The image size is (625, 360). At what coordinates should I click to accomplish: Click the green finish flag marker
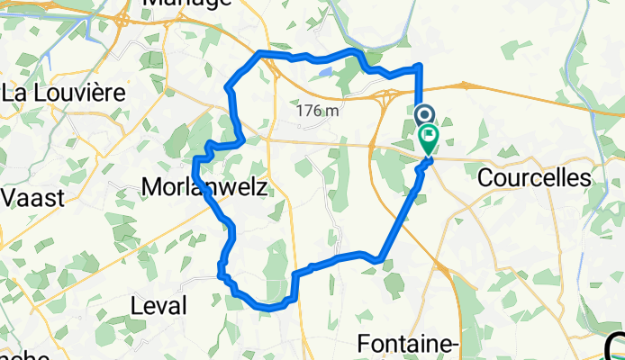pyautogui.click(x=429, y=139)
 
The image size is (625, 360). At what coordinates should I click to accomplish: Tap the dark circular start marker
pyautogui.click(x=425, y=115)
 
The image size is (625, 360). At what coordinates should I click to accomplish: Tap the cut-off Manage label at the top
pyautogui.click(x=186, y=4)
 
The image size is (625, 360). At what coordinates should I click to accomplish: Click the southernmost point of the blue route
pyautogui.click(x=267, y=308)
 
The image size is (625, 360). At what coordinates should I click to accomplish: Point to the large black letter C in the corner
pyautogui.click(x=614, y=346)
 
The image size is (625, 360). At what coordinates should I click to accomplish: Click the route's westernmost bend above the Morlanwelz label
pyautogui.click(x=195, y=161)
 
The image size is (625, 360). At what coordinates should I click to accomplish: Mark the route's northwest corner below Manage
pyautogui.click(x=261, y=54)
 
